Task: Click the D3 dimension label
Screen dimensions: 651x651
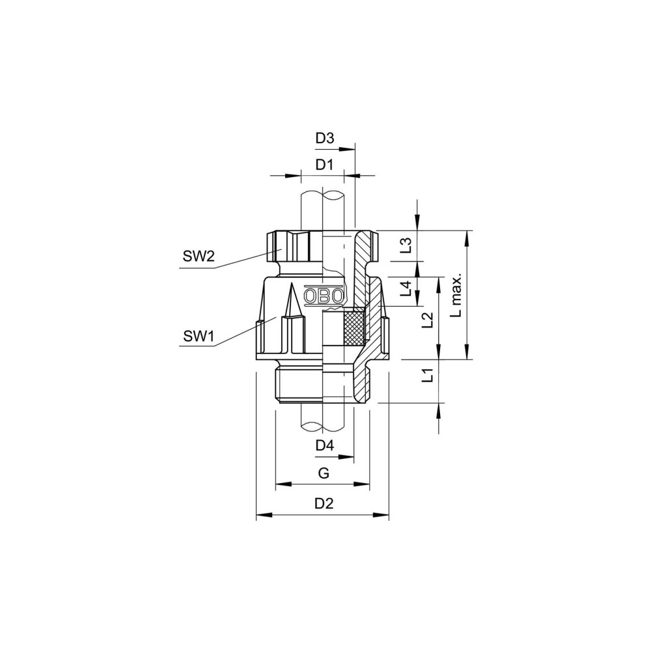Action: (x=325, y=138)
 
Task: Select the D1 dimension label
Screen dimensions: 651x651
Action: (x=324, y=165)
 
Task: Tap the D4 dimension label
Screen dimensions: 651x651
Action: (x=325, y=446)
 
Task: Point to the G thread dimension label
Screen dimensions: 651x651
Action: (x=324, y=473)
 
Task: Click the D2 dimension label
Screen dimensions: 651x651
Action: (x=324, y=503)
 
